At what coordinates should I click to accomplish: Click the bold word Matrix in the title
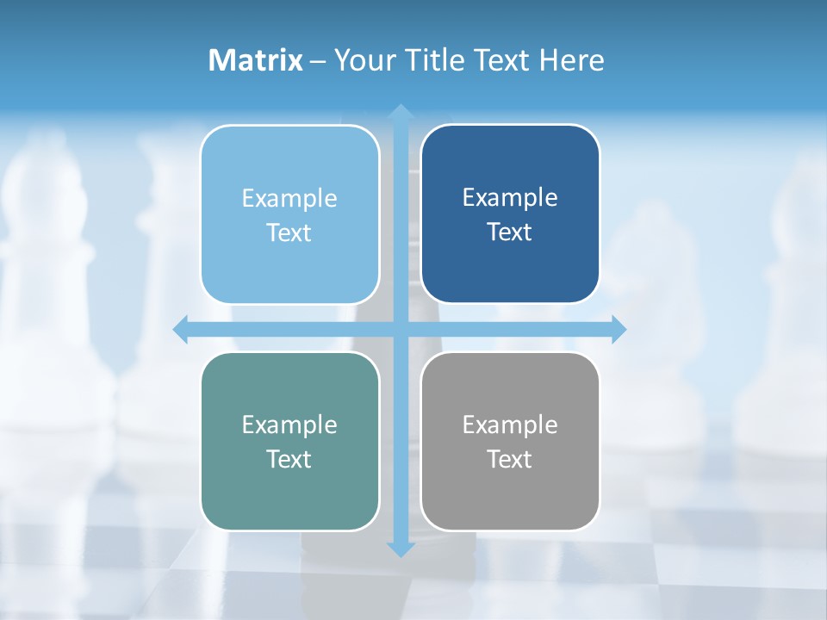(256, 60)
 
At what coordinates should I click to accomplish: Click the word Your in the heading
(364, 60)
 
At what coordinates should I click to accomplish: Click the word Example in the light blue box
(289, 199)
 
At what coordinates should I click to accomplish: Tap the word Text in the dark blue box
(510, 232)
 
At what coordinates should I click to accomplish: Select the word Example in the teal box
(289, 425)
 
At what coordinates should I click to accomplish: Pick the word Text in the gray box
(510, 459)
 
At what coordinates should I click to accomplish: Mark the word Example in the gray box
(510, 425)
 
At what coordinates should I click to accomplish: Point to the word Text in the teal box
(289, 459)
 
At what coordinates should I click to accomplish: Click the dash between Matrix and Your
(318, 61)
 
